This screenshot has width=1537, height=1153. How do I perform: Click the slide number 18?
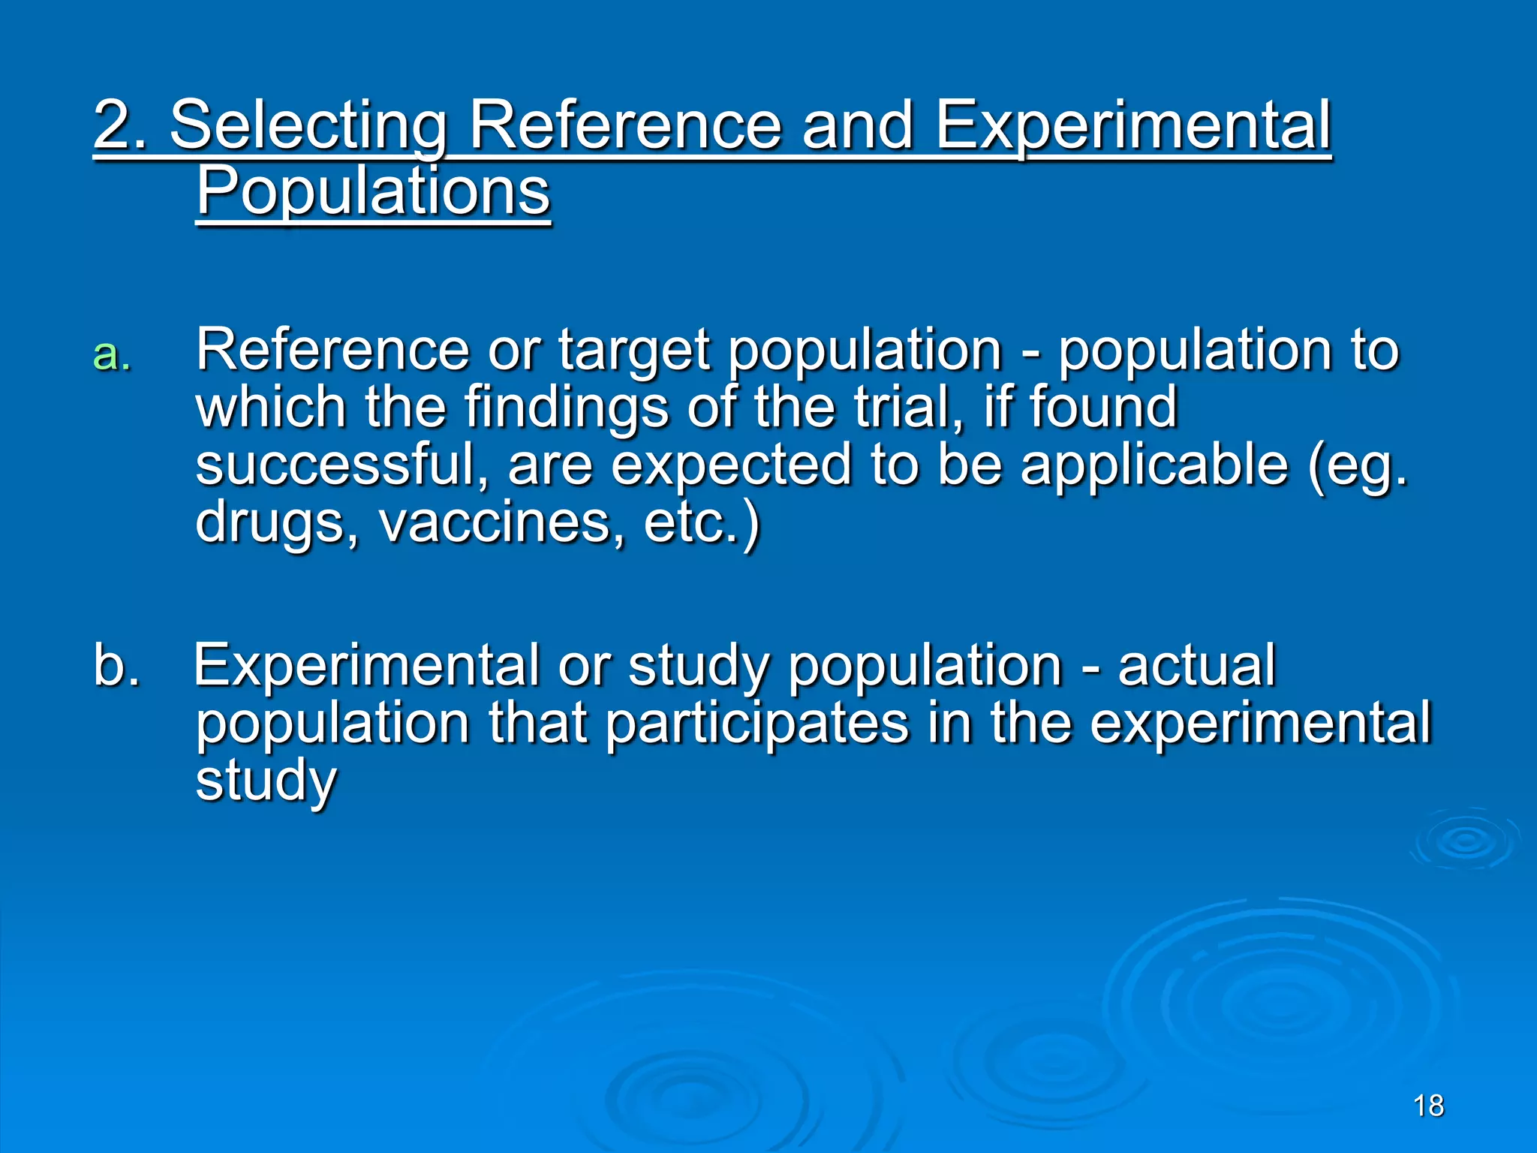coord(1428,1106)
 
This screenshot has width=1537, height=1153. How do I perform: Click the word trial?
coord(908,407)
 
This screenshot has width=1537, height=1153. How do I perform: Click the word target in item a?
coord(633,351)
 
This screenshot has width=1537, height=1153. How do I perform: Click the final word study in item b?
coord(266,781)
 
